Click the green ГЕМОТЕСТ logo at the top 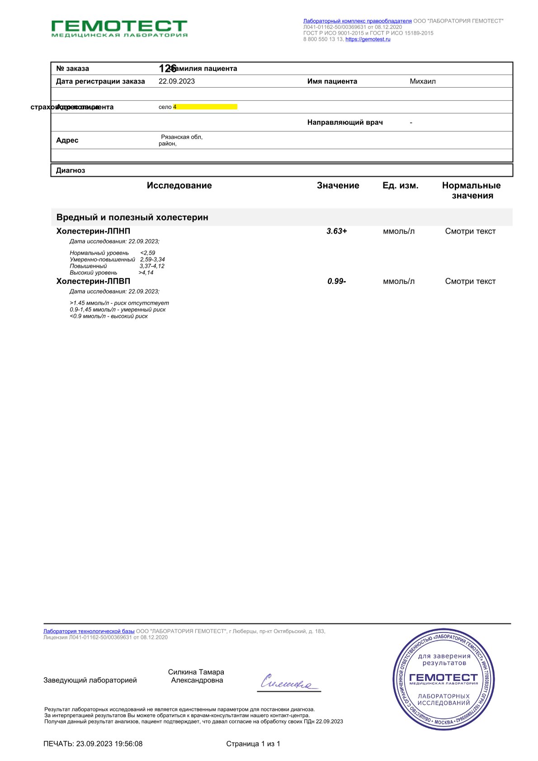click(119, 28)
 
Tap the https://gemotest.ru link click(368, 39)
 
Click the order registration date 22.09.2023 click(177, 81)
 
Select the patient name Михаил click(423, 81)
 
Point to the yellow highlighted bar click(205, 107)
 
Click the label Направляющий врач click(345, 123)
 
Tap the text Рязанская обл click(182, 137)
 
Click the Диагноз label click(71, 170)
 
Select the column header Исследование click(179, 185)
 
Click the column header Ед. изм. click(400, 185)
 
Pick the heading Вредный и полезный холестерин click(132, 217)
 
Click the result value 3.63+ click(337, 231)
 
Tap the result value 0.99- click(337, 281)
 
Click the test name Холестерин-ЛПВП click(93, 281)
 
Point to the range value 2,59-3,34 click(152, 260)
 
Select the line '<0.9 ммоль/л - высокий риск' click(109, 316)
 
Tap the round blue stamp click(443, 679)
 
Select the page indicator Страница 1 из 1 click(253, 744)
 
